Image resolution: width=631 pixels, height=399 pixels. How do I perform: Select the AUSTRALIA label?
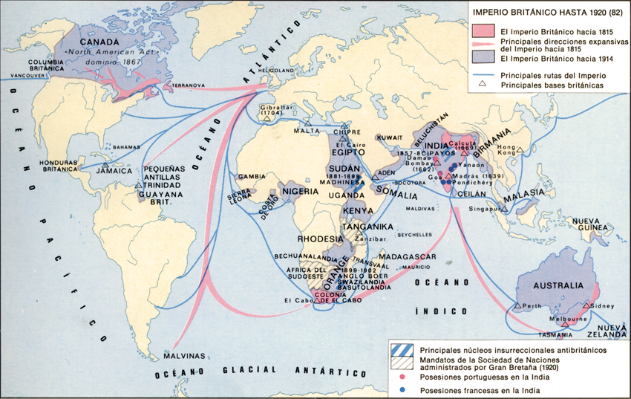[551, 285]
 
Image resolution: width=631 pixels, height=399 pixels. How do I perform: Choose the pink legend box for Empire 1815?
[483, 31]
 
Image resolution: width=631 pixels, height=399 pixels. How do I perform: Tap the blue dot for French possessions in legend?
[402, 388]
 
